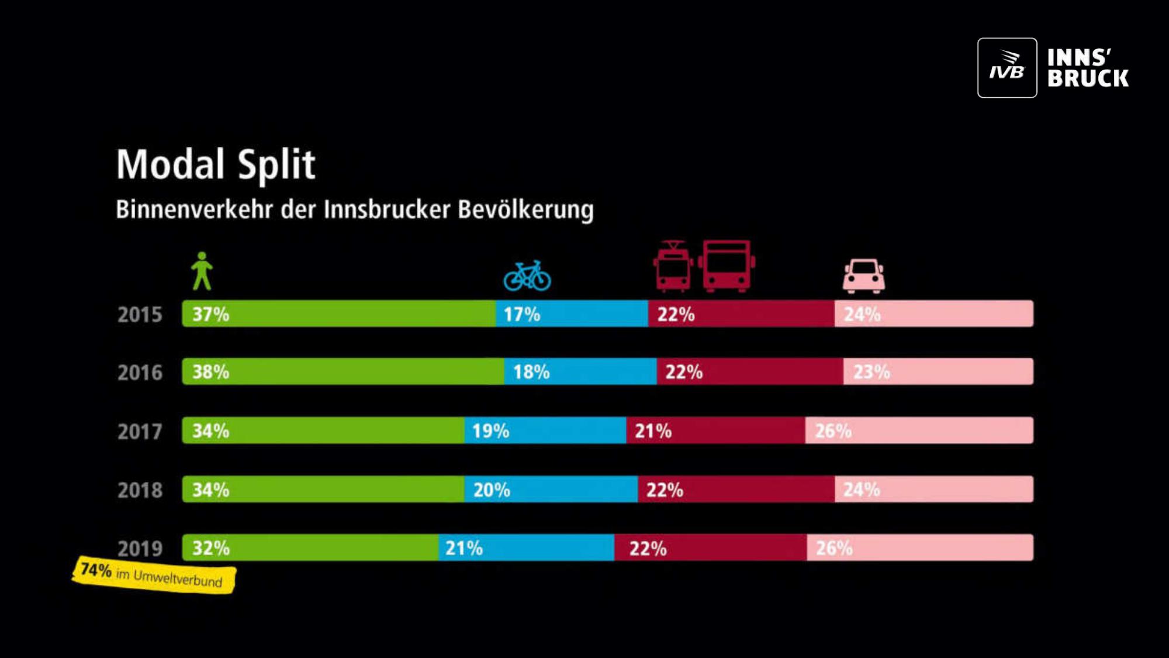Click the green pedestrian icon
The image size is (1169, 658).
coord(202,271)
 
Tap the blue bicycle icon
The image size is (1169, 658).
coord(527,276)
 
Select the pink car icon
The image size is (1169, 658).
coord(863,275)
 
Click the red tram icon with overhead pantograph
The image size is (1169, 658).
coord(672,267)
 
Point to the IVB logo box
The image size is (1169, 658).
coord(1007,68)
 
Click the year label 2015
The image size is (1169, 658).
coord(140,315)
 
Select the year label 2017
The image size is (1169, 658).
coord(140,432)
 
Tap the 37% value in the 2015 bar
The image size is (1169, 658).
coord(210,314)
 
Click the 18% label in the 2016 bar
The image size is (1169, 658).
coord(531,372)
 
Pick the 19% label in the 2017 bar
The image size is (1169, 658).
coord(490,431)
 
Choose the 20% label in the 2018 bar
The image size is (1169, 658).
coord(492,490)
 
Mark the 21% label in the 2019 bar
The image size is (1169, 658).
coord(464,548)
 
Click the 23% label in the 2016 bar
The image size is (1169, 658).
coord(871,372)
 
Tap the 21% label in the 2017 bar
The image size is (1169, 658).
coord(653,431)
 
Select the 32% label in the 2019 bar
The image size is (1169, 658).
coord(210,548)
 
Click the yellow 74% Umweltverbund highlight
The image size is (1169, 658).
coord(154,575)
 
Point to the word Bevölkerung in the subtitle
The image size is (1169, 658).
coord(525,210)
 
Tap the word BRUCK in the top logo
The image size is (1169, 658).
coord(1088,78)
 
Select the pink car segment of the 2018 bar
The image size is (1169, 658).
coord(933,490)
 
